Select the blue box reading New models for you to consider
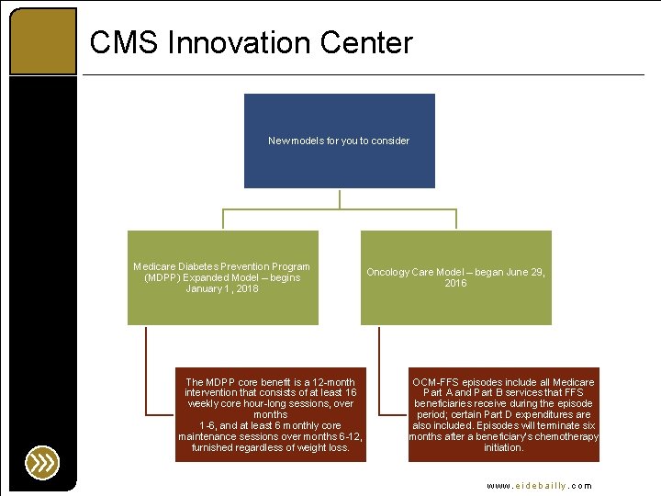pyautogui.click(x=339, y=141)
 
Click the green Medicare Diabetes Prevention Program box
pyautogui.click(x=222, y=276)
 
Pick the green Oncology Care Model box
pyautogui.click(x=455, y=276)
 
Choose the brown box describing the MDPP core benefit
pyautogui.click(x=270, y=414)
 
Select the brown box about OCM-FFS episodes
pyautogui.click(x=503, y=414)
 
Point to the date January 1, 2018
pyautogui.click(x=222, y=288)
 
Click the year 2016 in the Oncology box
pyautogui.click(x=455, y=283)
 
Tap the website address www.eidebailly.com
pyautogui.click(x=540, y=485)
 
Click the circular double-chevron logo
pyautogui.click(x=42, y=461)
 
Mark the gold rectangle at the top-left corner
pyautogui.click(x=42, y=40)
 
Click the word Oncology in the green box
pyautogui.click(x=388, y=272)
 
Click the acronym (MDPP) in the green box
pyautogui.click(x=162, y=277)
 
